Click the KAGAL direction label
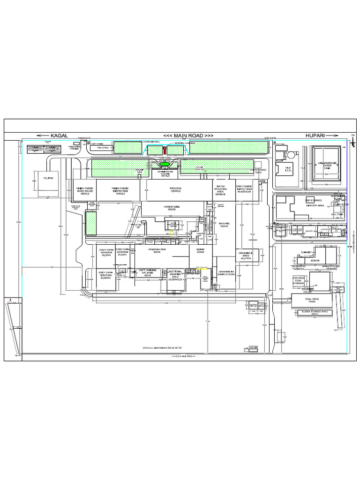point(57,135)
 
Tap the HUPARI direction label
point(315,135)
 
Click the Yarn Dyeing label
point(172,208)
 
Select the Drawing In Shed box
point(246,255)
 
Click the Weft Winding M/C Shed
point(147,273)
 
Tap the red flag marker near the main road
point(165,150)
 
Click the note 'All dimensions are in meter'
point(162,348)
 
